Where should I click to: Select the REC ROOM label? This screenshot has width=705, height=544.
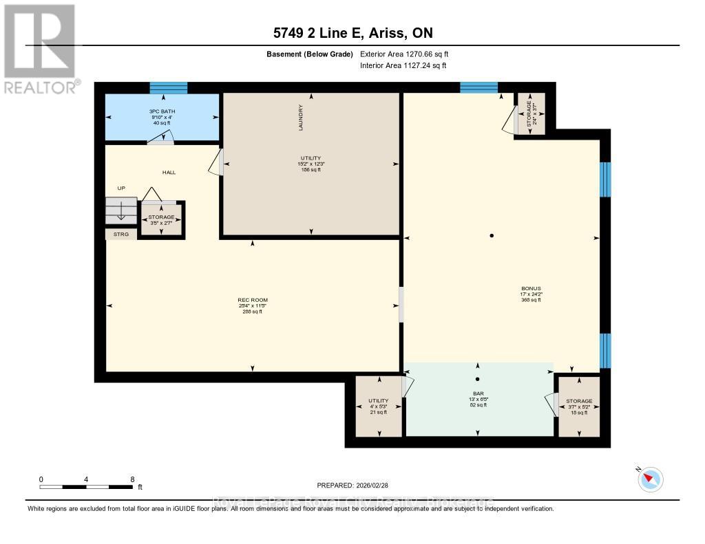click(x=253, y=300)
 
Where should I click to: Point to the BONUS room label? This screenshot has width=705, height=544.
click(x=531, y=289)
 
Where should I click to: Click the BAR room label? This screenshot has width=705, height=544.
click(x=477, y=393)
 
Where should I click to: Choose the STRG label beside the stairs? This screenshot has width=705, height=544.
click(x=121, y=235)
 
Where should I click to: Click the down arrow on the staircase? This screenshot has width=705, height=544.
click(x=121, y=211)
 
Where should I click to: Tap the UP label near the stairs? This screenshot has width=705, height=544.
click(x=120, y=187)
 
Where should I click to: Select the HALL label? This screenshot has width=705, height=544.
click(x=168, y=173)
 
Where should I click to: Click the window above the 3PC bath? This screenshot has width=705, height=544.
click(x=169, y=87)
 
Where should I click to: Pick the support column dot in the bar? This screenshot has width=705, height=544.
click(x=477, y=379)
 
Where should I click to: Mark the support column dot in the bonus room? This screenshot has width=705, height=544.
click(x=492, y=236)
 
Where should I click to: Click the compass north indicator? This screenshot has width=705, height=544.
click(x=650, y=479)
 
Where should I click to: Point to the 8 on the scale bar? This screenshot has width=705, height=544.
click(x=131, y=479)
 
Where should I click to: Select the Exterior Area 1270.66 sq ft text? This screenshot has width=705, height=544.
click(x=404, y=54)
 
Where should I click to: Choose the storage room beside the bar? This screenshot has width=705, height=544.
click(x=578, y=406)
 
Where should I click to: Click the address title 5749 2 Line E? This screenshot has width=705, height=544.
click(x=352, y=32)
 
